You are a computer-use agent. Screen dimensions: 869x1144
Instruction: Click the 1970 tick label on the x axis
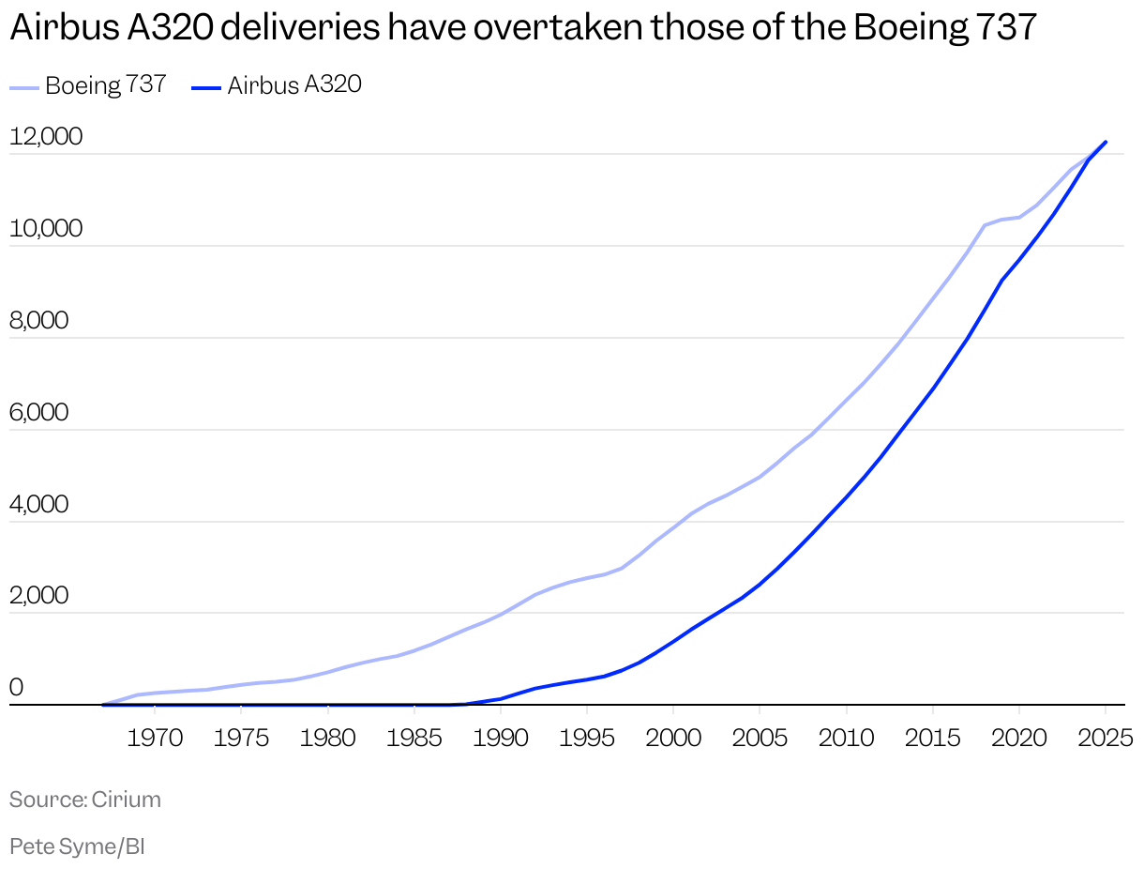pyautogui.click(x=155, y=738)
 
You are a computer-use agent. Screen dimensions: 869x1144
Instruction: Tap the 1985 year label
pyautogui.click(x=414, y=738)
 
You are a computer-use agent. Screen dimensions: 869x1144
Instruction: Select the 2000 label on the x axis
pyautogui.click(x=673, y=738)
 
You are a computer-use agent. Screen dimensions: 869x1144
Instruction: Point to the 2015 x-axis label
pyautogui.click(x=933, y=738)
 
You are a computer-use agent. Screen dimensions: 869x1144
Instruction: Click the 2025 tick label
pyautogui.click(x=1106, y=738)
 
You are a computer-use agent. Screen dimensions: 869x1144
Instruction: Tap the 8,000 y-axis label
pyautogui.click(x=39, y=321)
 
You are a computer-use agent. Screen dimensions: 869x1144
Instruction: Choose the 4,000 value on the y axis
pyautogui.click(x=39, y=505)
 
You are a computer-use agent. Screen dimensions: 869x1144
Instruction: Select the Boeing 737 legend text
pyautogui.click(x=105, y=85)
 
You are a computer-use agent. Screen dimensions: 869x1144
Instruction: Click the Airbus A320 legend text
pyautogui.click(x=294, y=85)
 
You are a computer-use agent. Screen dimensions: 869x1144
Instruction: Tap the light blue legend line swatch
pyautogui.click(x=24, y=87)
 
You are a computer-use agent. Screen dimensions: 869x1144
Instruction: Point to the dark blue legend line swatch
pyautogui.click(x=206, y=87)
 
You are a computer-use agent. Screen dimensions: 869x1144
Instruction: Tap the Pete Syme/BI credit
pyautogui.click(x=77, y=846)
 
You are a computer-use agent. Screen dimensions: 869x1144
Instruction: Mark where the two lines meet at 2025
pyautogui.click(x=1106, y=142)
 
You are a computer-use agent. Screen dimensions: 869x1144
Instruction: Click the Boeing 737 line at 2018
pyautogui.click(x=985, y=225)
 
